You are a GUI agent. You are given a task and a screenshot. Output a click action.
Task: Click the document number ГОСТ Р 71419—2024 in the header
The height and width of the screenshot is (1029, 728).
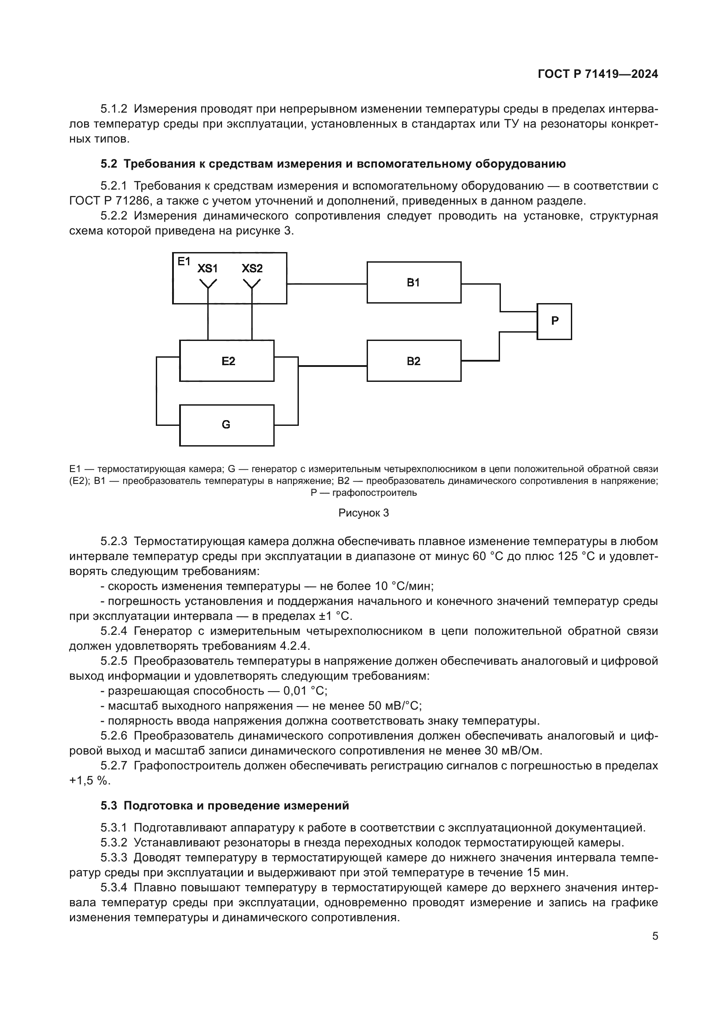598,74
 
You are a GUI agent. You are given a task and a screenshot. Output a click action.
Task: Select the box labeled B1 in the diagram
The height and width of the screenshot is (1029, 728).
414,283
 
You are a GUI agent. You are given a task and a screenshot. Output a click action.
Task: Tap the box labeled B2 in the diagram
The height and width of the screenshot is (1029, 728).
414,361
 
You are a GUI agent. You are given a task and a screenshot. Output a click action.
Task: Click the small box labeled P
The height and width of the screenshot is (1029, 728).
555,321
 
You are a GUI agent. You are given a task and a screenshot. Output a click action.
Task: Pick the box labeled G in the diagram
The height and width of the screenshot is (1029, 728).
226,425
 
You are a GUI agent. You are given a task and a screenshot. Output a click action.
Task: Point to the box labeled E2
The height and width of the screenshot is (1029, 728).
227,361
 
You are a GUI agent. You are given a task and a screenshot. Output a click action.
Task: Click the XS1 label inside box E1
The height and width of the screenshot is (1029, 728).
208,268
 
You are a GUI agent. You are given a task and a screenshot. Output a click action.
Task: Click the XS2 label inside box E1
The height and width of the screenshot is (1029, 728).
252,268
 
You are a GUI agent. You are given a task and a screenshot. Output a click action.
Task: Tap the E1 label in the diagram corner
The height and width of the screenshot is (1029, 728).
184,261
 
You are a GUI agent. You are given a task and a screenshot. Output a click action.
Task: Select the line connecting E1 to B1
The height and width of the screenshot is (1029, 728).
327,284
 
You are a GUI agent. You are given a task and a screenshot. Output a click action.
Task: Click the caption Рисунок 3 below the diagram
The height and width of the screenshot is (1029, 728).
364,513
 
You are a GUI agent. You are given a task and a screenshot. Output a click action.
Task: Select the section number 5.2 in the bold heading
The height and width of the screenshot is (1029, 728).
108,164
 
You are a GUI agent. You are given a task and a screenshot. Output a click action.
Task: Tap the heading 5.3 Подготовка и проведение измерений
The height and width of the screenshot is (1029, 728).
224,806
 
